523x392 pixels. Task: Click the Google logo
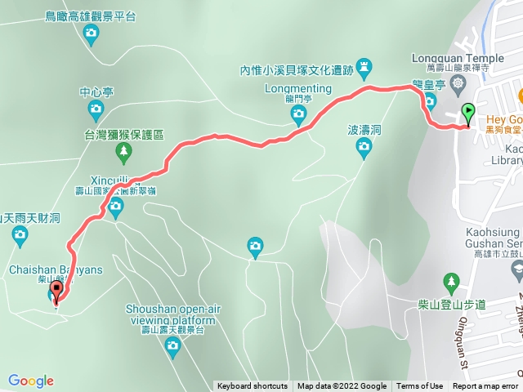tap(30, 381)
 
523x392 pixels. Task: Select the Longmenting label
tap(298, 88)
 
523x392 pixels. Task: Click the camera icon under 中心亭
tap(95, 109)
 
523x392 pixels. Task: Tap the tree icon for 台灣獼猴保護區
tap(123, 150)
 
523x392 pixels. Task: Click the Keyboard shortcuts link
tap(252, 386)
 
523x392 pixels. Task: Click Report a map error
tap(485, 386)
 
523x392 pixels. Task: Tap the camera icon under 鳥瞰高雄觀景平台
tap(91, 33)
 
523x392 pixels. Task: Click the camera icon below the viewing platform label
tap(172, 346)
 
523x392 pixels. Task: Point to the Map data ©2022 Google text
tap(342, 386)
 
